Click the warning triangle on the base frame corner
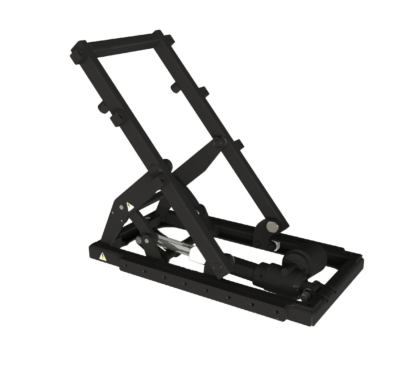tap(102, 257)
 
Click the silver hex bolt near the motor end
tap(305, 296)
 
